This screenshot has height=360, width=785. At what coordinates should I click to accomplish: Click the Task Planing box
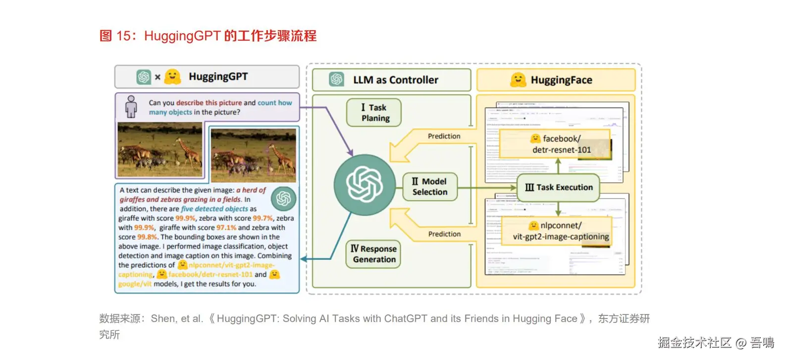click(x=374, y=112)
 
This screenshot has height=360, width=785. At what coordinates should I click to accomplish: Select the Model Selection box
click(x=429, y=187)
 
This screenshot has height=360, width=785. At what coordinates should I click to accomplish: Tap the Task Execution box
click(x=558, y=187)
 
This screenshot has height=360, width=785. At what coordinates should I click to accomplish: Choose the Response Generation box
click(x=373, y=254)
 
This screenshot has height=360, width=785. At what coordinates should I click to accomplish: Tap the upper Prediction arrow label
click(x=444, y=136)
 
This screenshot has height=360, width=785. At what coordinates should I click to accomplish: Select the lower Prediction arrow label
click(x=444, y=234)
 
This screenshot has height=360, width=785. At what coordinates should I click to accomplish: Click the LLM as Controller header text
click(x=395, y=80)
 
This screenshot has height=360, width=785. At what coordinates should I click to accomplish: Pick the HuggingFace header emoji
click(x=518, y=80)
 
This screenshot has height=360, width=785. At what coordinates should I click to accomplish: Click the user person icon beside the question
click(x=131, y=106)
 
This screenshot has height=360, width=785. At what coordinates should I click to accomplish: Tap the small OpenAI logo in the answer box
click(x=283, y=199)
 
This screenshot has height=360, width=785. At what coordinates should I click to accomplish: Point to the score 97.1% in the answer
click(x=226, y=228)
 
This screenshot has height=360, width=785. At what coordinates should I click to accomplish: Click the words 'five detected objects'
click(x=214, y=209)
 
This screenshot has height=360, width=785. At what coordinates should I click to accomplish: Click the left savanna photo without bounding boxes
click(x=159, y=150)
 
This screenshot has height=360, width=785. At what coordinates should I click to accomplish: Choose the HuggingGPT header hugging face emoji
click(x=172, y=77)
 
